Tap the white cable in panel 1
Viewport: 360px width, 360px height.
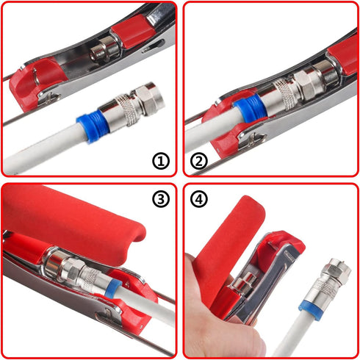click(x=37, y=151)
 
